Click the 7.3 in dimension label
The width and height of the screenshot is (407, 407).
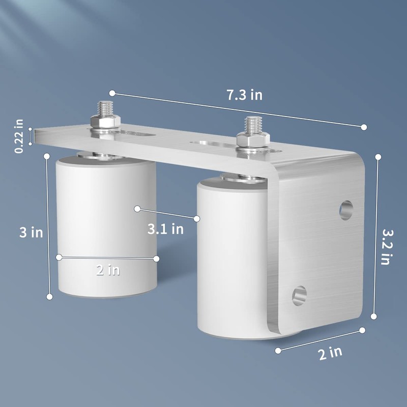pos(245,95)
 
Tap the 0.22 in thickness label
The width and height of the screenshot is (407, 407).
pos(19,136)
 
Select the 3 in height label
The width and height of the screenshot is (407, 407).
pos(31,232)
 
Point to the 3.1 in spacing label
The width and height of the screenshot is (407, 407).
pos(165,229)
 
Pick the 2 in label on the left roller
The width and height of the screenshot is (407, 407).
pos(108,270)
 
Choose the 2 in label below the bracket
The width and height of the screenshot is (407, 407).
pos(330,353)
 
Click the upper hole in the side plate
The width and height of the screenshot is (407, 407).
pos(346,209)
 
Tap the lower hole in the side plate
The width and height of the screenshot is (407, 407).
pos(299,296)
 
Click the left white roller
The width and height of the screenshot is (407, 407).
pos(105,229)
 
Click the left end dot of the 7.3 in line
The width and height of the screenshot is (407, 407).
pos(112,93)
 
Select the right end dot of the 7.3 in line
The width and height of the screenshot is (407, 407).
pos(364,127)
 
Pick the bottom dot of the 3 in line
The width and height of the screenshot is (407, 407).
pos(50,297)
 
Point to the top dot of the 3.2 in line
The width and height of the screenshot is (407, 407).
pos(378,157)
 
